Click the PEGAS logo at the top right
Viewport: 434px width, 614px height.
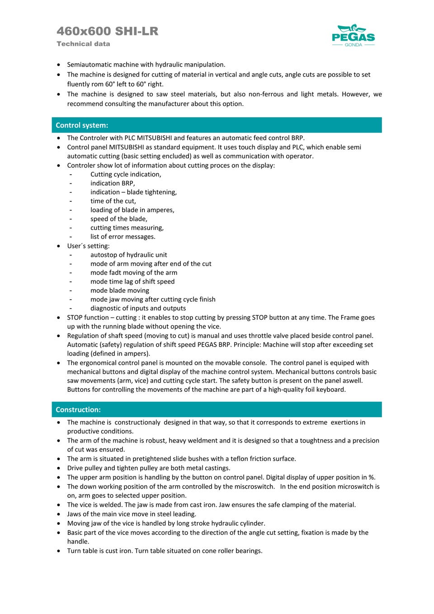[353, 36]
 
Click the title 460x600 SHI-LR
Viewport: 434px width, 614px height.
[108, 31]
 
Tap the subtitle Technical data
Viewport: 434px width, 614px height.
[83, 44]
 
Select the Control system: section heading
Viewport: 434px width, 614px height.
[82, 125]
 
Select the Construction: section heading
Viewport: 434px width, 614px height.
[78, 409]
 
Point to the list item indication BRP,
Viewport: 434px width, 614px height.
[113, 183]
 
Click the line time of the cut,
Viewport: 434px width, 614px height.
[113, 201]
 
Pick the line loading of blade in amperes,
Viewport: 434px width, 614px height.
[132, 210]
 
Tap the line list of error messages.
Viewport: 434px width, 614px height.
[123, 237]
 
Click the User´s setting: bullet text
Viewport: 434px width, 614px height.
[88, 246]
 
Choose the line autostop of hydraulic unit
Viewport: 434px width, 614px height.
[128, 255]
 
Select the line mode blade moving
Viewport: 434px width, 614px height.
[119, 290]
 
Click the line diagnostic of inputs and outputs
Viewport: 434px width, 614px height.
[138, 308]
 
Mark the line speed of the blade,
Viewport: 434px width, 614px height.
[118, 219]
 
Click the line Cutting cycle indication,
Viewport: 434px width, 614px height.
[126, 174]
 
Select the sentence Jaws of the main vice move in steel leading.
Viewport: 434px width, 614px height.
[132, 514]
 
